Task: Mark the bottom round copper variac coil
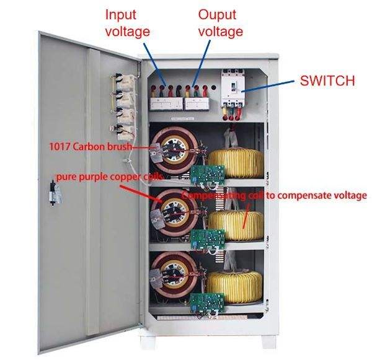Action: click(173, 273)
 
